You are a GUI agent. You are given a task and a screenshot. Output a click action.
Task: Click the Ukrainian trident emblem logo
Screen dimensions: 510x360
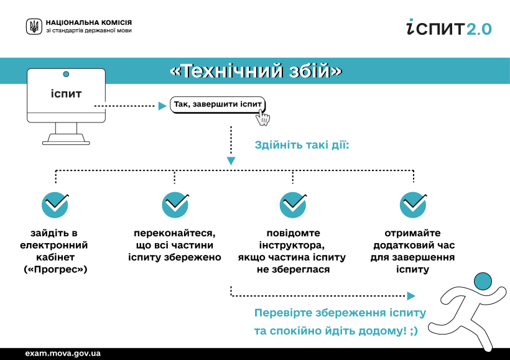[34, 27]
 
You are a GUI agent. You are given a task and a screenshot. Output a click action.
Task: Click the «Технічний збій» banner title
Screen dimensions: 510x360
[256, 70]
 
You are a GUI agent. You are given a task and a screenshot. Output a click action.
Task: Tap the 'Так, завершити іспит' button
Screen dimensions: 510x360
[218, 104]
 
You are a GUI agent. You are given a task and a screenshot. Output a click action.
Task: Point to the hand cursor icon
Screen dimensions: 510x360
[262, 118]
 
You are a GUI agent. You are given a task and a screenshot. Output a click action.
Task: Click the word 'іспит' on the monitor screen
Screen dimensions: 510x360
[66, 94]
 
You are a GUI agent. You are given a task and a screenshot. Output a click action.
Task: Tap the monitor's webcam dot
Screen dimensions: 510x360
[66, 74]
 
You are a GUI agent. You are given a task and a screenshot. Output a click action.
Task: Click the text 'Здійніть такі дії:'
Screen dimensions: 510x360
[302, 145]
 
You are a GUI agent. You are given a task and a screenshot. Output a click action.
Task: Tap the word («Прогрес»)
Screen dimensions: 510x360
[55, 269]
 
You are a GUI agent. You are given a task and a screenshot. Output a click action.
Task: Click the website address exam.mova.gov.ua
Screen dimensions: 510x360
[63, 353]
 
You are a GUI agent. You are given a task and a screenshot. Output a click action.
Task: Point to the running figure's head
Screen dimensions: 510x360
[483, 282]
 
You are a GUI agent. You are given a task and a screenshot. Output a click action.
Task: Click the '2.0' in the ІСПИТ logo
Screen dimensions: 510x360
[479, 29]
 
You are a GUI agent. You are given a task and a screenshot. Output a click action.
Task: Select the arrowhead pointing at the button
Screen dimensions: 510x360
[162, 106]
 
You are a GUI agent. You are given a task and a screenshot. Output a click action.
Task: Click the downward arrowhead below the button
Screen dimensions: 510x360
[231, 161]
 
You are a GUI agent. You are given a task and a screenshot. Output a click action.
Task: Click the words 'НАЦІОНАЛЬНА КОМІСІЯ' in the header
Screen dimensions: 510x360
[89, 22]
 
